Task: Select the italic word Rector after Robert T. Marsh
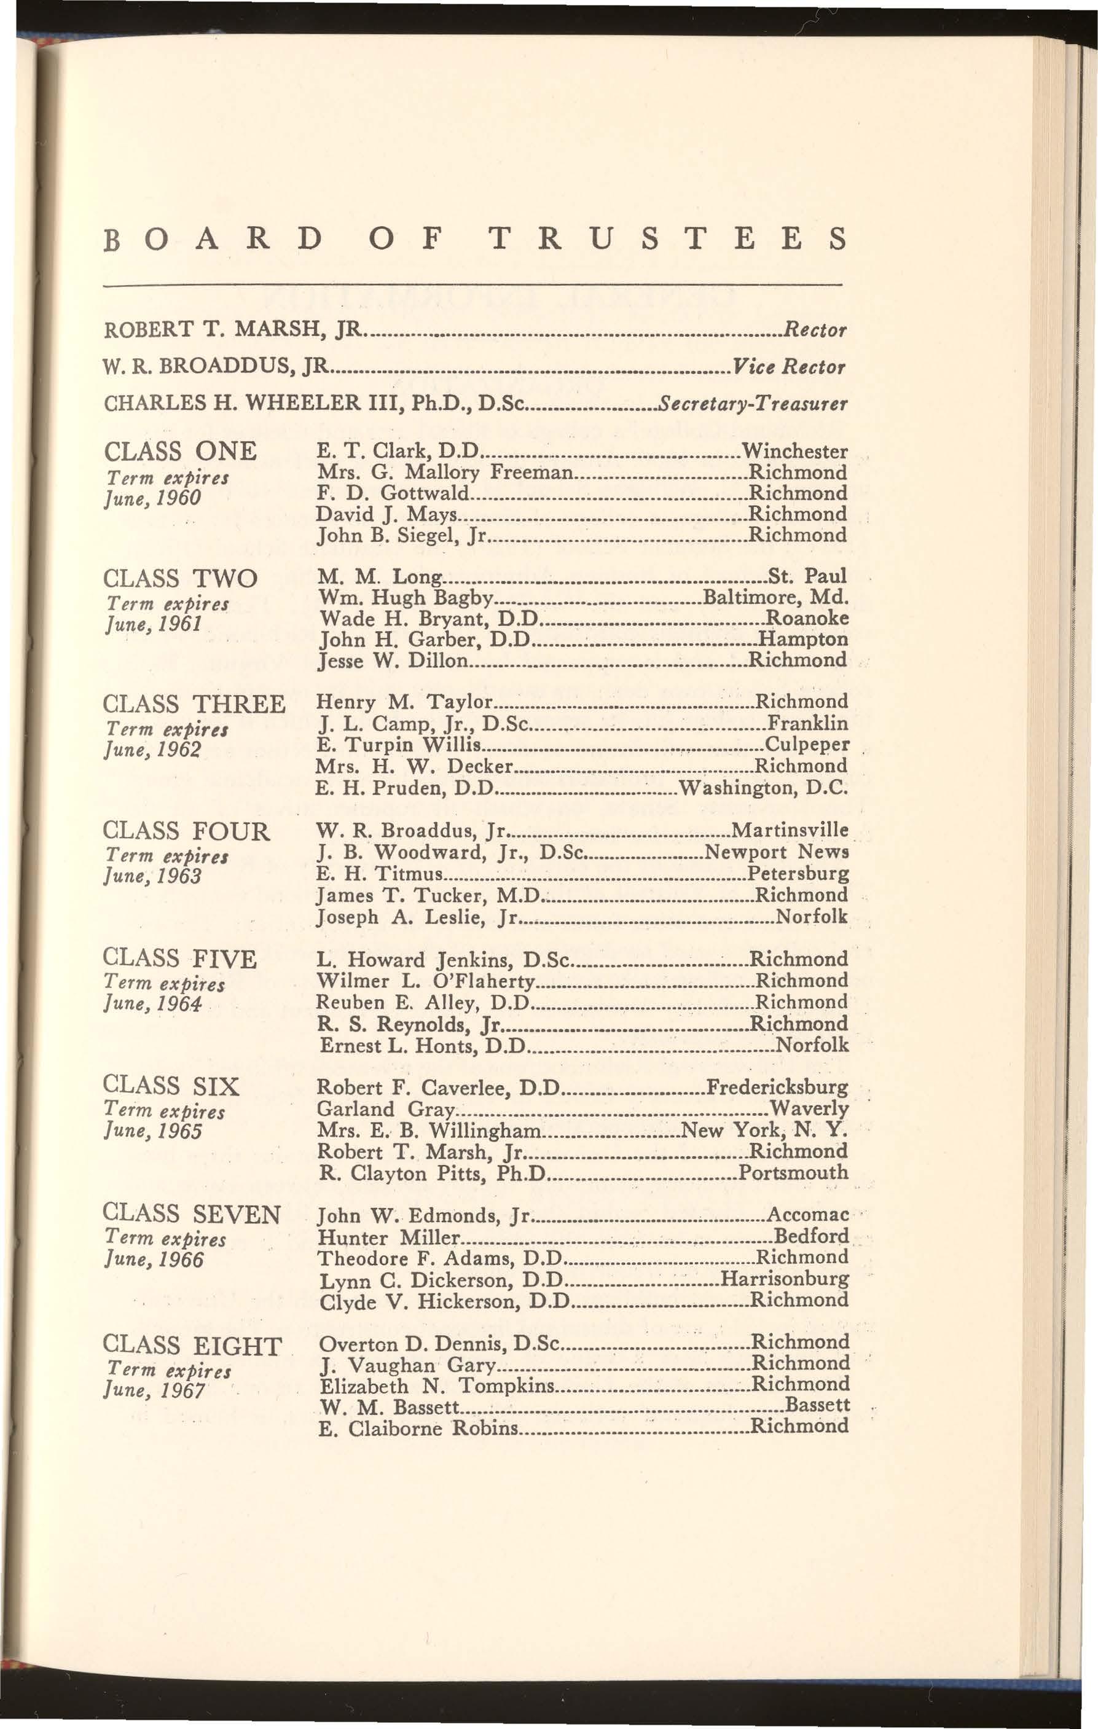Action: pyautogui.click(x=814, y=331)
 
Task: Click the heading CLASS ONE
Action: pyautogui.click(x=180, y=452)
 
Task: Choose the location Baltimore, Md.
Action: pyautogui.click(x=775, y=597)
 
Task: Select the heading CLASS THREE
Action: pyautogui.click(x=194, y=704)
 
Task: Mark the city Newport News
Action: pyautogui.click(x=777, y=852)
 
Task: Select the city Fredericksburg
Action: pyautogui.click(x=778, y=1087)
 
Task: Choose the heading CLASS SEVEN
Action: pyautogui.click(x=192, y=1214)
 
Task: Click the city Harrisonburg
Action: pyautogui.click(x=784, y=1279)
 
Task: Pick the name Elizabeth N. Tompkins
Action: pyautogui.click(x=436, y=1384)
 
